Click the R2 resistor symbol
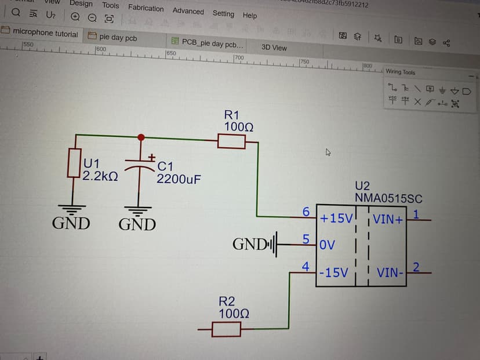tap(226, 330)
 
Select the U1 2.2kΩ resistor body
tap(74, 163)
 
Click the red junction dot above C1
tap(141, 137)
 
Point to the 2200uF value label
tap(179, 179)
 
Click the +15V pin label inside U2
tap(336, 219)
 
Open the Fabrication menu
tap(146, 8)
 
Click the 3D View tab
tap(274, 48)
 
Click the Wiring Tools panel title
tap(401, 72)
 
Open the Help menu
tap(250, 16)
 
